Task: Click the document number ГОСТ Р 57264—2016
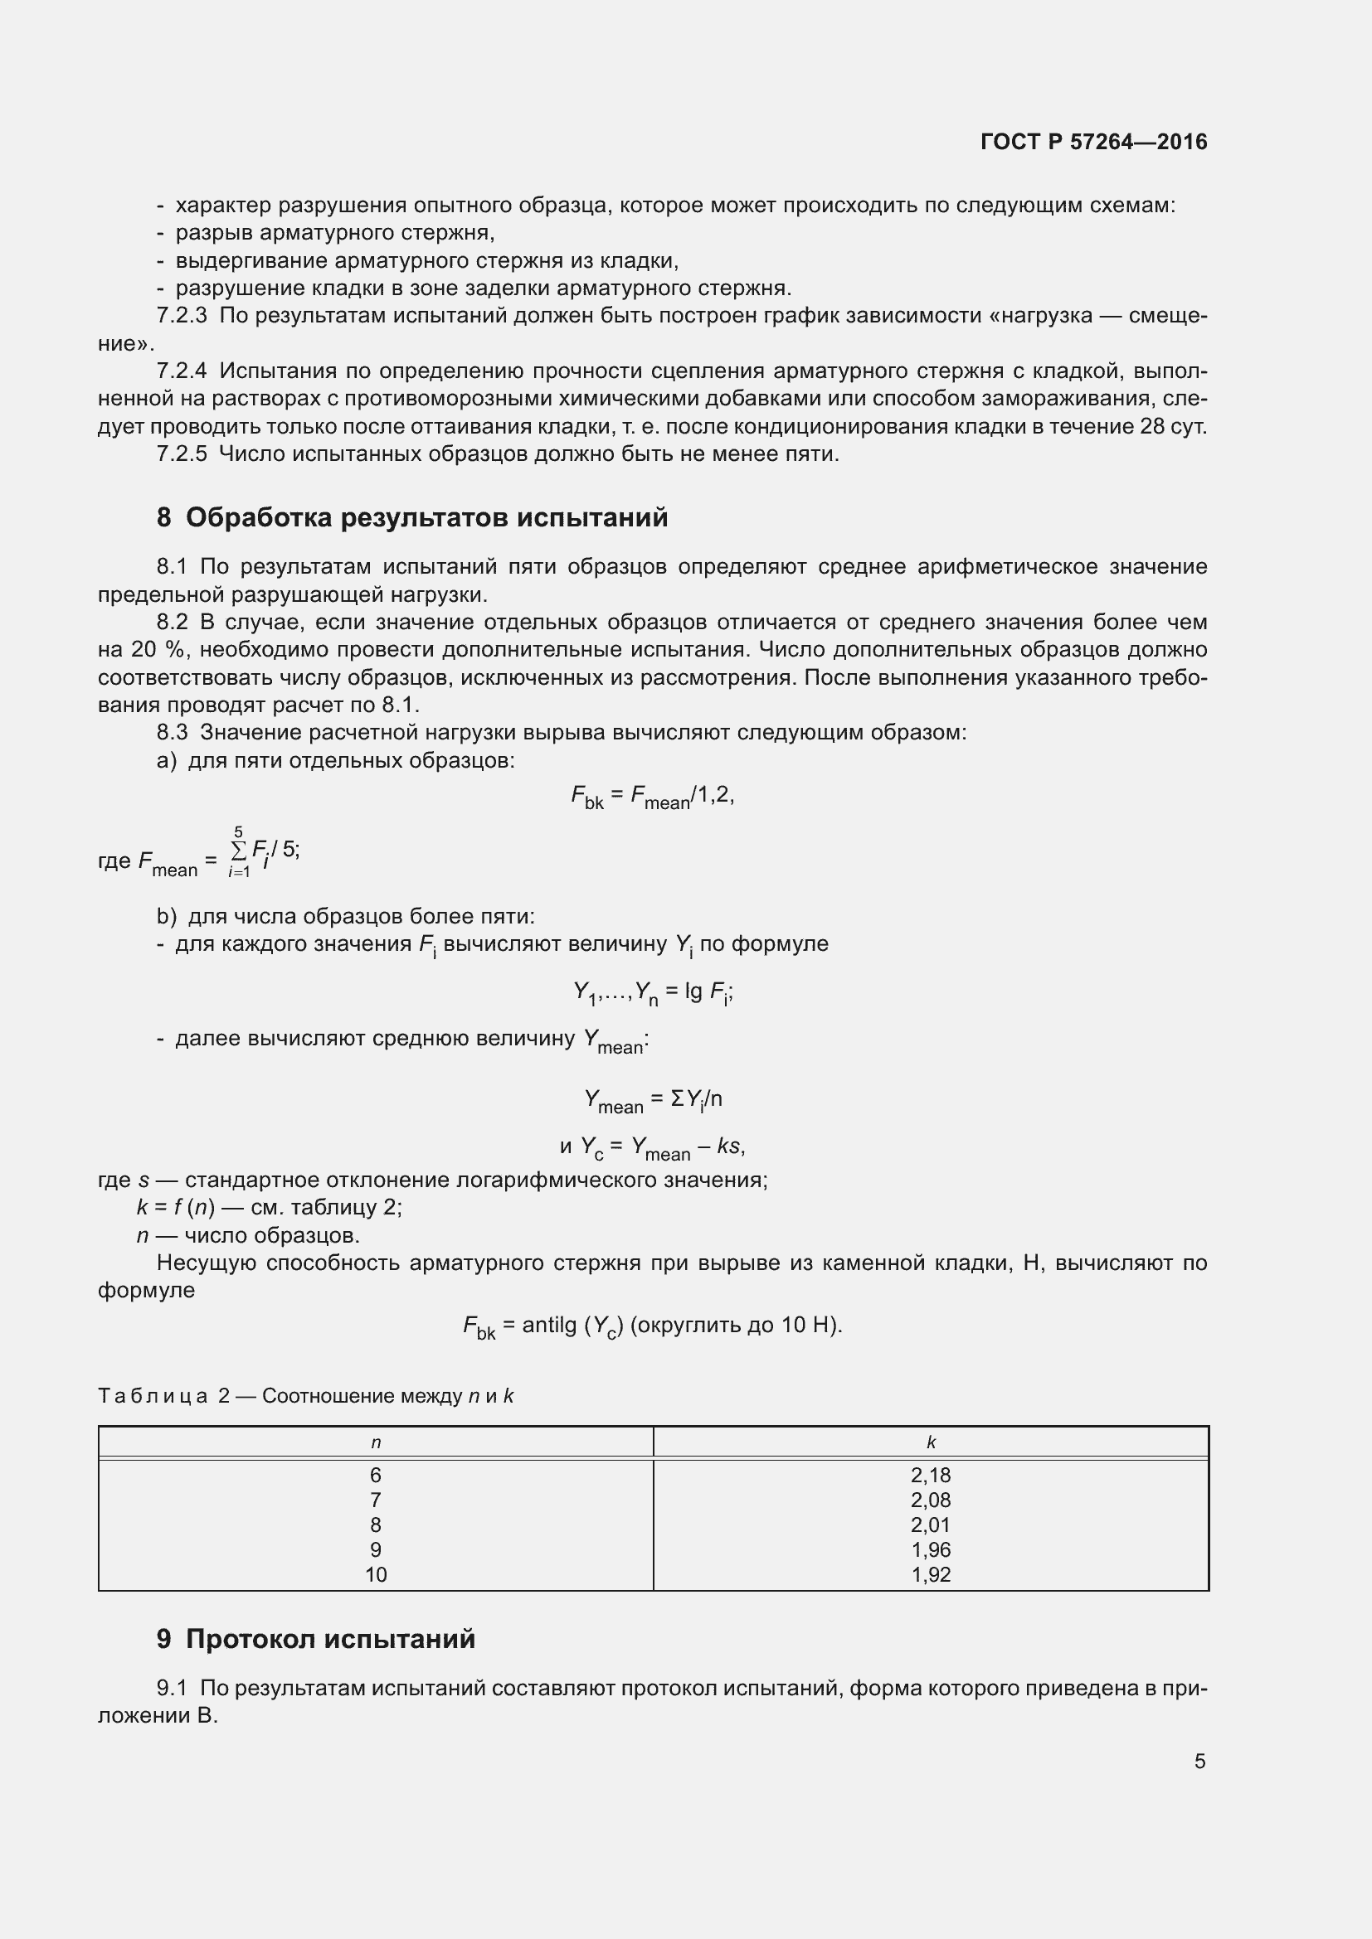tap(1093, 142)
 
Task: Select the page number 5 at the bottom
tap(1199, 1761)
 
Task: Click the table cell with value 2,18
tap(930, 1476)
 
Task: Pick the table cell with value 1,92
tap(930, 1575)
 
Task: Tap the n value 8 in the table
tap(376, 1525)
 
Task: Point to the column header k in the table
tap(931, 1442)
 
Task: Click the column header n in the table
tap(376, 1442)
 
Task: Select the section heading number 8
tap(164, 517)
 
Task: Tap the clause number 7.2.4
tap(182, 371)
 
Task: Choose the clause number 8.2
tap(173, 623)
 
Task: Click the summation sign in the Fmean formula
tap(239, 849)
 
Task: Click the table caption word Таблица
tap(153, 1396)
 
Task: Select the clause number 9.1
tap(173, 1688)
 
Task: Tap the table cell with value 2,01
tap(930, 1525)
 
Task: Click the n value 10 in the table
tap(376, 1575)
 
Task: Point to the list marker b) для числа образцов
tap(167, 916)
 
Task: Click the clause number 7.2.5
tap(182, 454)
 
